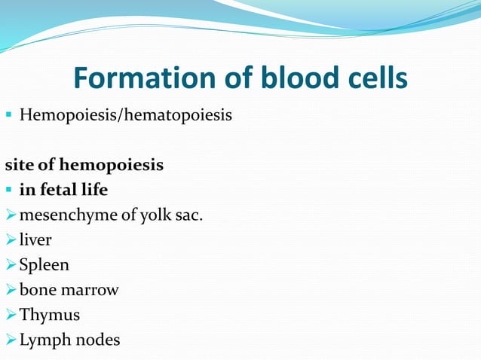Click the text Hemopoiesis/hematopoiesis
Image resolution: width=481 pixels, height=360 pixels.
[x=126, y=116]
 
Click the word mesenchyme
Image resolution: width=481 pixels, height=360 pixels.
[x=67, y=215]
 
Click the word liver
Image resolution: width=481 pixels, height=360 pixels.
[x=35, y=240]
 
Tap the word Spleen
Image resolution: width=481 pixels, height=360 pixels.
[x=44, y=265]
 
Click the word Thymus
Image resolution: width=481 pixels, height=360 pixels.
[x=50, y=315]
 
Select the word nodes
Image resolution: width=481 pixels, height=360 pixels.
[x=96, y=340]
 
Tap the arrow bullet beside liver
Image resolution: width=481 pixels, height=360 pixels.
[x=10, y=240]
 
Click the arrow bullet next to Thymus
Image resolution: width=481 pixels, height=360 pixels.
[x=10, y=315]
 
